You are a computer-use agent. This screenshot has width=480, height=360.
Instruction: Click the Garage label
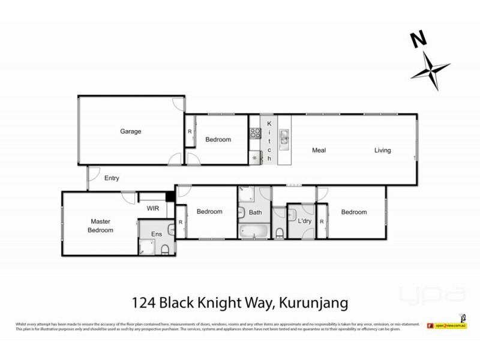tap(130, 131)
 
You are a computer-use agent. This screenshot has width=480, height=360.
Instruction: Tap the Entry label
tap(112, 178)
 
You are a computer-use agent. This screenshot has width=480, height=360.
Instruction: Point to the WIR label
tap(152, 209)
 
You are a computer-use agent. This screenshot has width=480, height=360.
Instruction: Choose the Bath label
tap(256, 212)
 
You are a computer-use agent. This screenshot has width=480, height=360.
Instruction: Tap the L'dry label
tap(305, 222)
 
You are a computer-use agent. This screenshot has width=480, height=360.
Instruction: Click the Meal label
tap(318, 150)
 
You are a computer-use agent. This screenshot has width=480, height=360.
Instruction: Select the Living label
tap(382, 150)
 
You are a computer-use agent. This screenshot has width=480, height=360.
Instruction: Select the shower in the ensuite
tap(146, 246)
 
